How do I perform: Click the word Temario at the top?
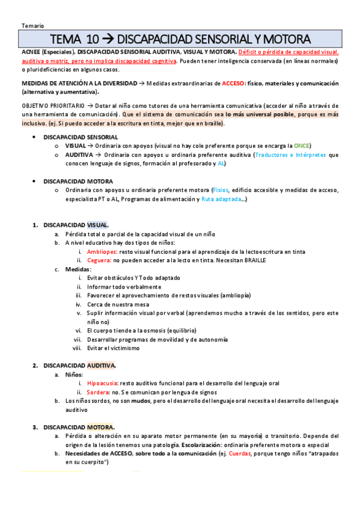(x=31, y=25)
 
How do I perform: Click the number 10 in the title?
(x=93, y=40)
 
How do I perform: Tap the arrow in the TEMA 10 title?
(x=108, y=40)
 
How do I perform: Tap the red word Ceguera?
(x=99, y=260)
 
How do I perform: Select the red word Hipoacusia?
(x=102, y=383)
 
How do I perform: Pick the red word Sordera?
(x=98, y=392)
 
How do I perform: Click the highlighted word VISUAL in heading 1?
(x=97, y=225)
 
